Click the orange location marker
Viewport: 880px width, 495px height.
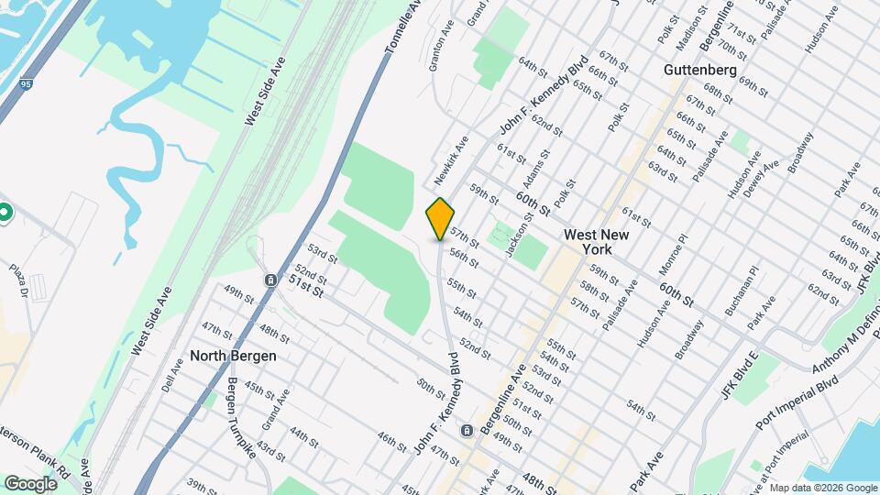(x=440, y=218)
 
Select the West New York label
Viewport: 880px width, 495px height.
(x=597, y=242)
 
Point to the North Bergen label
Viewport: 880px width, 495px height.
(x=234, y=355)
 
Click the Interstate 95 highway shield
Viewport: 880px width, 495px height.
(x=23, y=86)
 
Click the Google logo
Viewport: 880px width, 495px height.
(x=30, y=483)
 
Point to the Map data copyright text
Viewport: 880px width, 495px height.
(x=822, y=488)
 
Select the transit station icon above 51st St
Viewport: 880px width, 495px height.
(x=270, y=280)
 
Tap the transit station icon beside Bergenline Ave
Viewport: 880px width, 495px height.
(x=467, y=431)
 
